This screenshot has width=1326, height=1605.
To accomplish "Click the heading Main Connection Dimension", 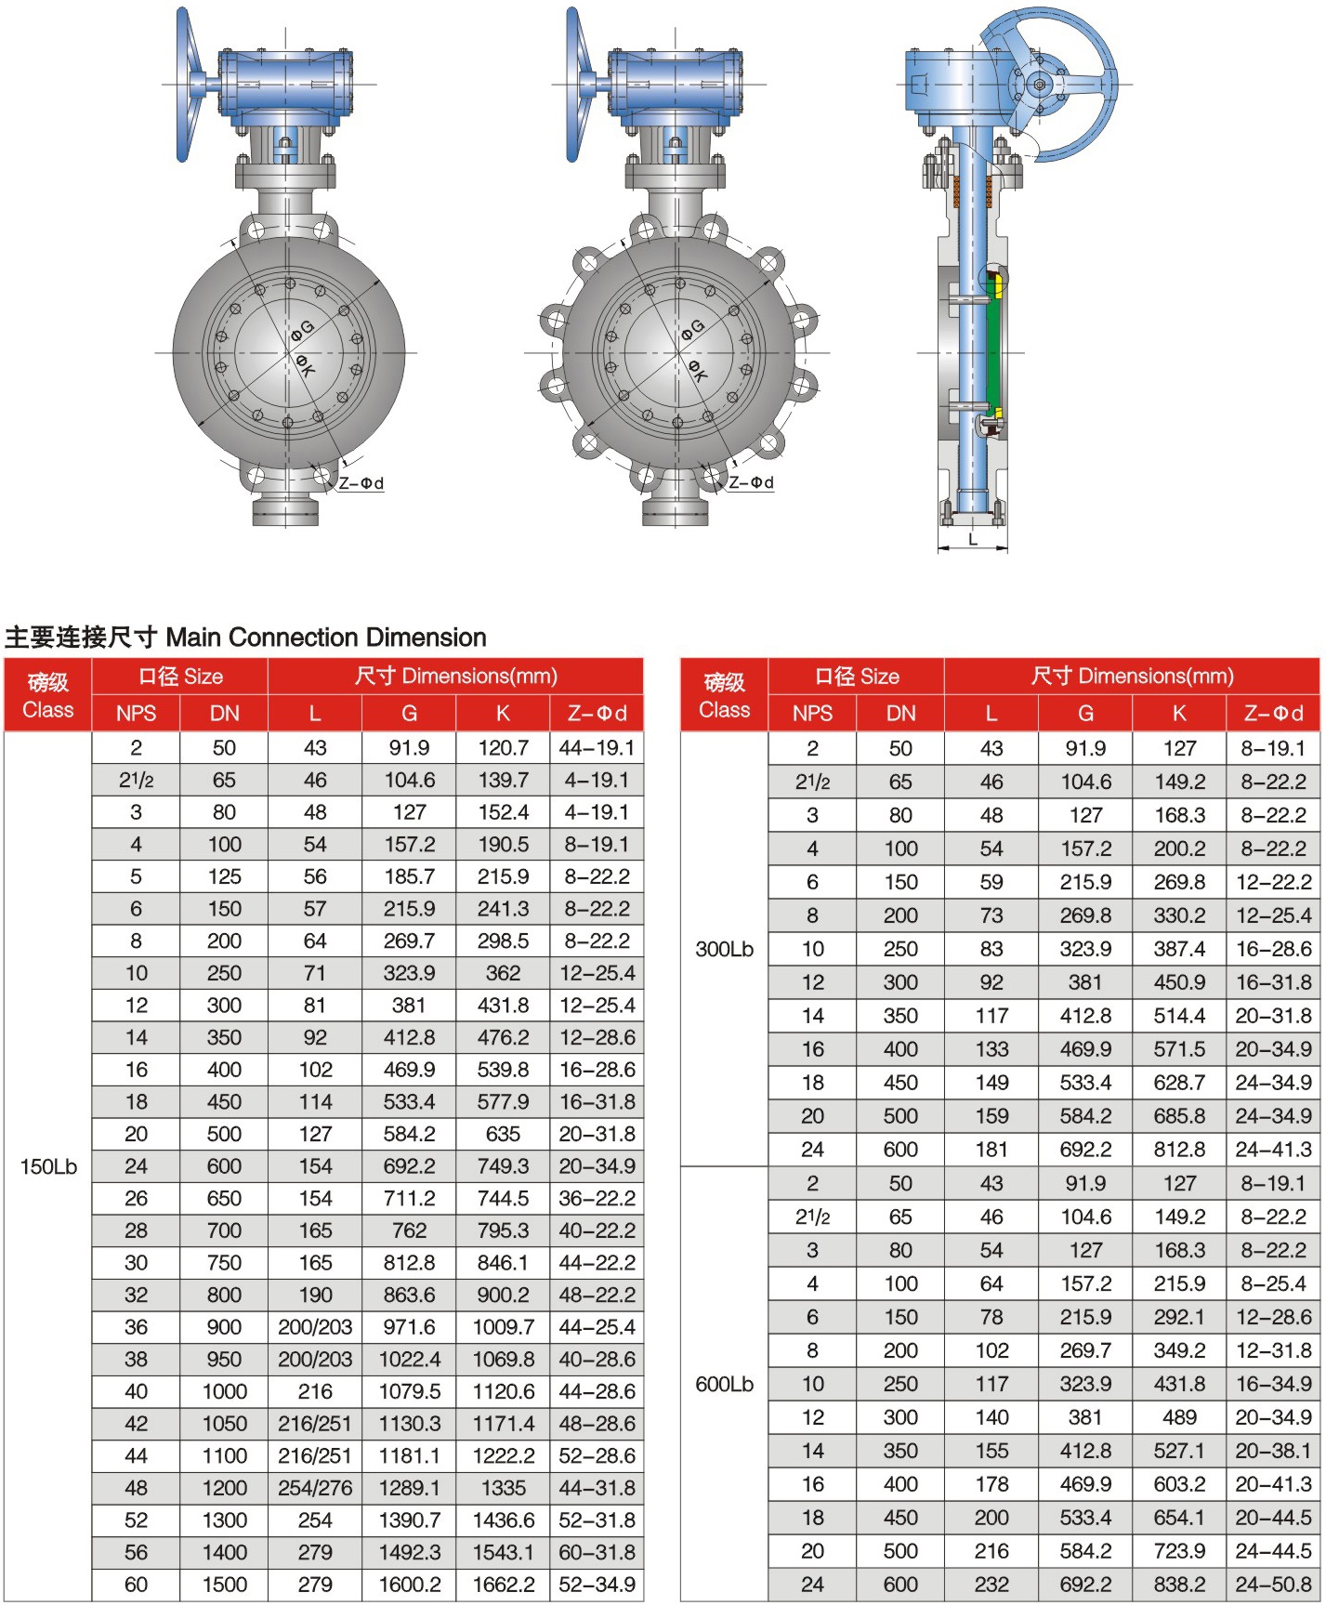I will point(245,638).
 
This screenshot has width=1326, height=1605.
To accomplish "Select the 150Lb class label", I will point(48,1166).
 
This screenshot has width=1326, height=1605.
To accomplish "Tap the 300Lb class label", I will point(724,949).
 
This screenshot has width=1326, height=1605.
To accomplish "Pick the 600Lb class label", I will point(724,1384).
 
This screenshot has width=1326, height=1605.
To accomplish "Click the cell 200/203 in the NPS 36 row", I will point(315,1327).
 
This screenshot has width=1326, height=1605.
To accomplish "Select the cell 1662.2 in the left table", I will point(503,1585).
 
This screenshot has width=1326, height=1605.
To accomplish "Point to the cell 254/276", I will point(315,1488).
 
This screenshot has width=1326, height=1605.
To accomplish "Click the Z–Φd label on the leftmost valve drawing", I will point(361,483).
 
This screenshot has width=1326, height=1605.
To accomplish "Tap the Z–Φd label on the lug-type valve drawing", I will point(751,482).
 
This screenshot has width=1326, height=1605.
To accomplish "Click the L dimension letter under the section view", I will point(973,540).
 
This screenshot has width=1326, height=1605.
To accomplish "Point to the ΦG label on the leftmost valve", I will point(303,330).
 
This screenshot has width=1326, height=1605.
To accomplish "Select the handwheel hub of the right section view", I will point(1040,86).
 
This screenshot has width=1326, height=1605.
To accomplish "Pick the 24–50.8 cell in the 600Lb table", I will point(1273,1585).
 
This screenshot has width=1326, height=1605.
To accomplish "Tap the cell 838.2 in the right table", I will point(1179,1585).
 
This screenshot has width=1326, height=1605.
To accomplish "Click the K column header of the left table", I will point(503,713).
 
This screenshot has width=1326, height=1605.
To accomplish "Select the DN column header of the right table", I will point(900,713).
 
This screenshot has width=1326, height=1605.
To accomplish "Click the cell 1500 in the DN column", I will point(225,1585).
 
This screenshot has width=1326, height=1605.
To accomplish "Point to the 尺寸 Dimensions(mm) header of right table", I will point(1132,676).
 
